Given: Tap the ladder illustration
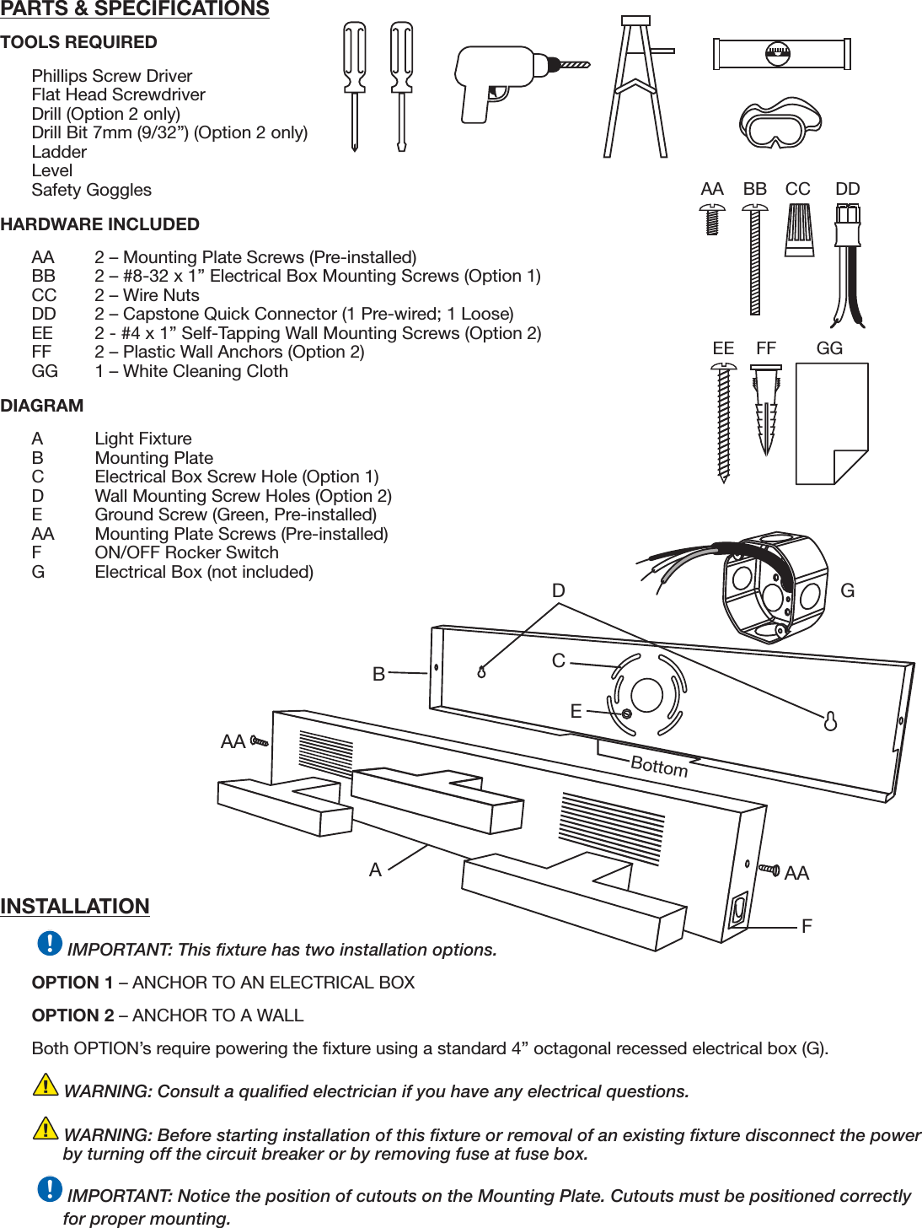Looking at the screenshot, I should (x=636, y=89).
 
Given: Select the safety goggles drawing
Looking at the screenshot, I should (x=780, y=123).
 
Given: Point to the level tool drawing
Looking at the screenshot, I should (x=781, y=55).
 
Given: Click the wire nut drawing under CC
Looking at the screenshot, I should (x=799, y=229).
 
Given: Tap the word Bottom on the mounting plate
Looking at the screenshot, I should (x=659, y=766).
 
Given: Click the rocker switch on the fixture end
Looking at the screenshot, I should (x=738, y=910).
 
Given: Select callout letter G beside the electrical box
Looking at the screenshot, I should (x=848, y=591).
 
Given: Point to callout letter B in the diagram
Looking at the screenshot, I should (x=379, y=674).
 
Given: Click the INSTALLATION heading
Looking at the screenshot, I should (x=75, y=907).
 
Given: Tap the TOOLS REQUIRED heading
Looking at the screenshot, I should (x=78, y=42).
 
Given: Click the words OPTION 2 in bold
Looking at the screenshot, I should (x=73, y=1015).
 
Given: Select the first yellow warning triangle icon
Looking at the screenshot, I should (x=46, y=1085).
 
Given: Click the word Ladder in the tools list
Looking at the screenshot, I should (x=59, y=152).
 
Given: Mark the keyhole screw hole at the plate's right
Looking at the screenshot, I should (x=830, y=721).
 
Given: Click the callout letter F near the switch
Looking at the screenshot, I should (x=807, y=926).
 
